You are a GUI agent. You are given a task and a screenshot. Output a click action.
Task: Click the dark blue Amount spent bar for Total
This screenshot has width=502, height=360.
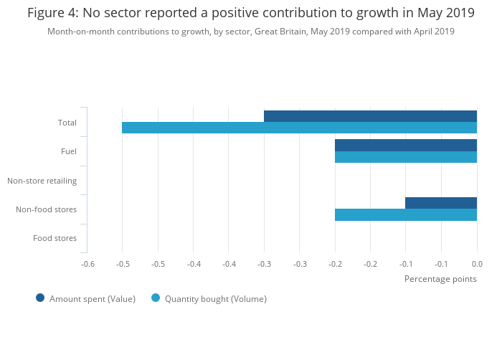point(370,116)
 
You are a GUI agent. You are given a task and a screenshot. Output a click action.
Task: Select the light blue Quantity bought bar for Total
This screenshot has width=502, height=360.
point(299,128)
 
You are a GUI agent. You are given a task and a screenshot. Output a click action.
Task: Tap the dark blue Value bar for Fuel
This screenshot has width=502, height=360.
point(406,145)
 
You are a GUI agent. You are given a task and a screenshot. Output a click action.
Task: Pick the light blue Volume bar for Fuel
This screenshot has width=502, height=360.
point(406,157)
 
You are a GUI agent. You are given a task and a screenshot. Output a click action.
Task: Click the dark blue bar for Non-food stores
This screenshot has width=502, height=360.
point(441,203)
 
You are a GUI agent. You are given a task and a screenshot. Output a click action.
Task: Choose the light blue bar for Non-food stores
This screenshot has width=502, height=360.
point(406,214)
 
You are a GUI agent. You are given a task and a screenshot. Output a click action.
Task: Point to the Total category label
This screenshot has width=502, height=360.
point(67,123)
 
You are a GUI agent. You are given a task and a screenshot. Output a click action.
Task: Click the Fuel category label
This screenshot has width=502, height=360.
point(69,151)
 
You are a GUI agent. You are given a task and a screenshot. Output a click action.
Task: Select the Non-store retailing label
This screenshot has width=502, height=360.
point(42,181)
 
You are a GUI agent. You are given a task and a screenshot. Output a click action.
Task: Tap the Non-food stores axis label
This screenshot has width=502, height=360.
point(46,209)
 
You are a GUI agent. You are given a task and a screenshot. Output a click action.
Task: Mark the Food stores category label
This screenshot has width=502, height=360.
point(55,238)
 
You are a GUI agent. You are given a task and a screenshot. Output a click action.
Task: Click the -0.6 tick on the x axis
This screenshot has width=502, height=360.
point(87,264)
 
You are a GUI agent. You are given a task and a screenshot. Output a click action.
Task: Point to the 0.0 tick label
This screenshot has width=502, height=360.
point(477,264)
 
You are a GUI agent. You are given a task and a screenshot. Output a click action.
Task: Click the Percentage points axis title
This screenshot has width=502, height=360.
point(440,278)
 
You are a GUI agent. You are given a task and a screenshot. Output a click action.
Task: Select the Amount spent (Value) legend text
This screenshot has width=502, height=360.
point(93,299)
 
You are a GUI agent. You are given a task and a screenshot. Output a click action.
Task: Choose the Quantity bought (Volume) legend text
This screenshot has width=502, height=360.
point(216,299)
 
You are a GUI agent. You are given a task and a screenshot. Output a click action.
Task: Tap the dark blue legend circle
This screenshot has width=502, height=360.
point(40,298)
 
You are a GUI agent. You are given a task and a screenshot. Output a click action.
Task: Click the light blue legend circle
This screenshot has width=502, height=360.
point(156,298)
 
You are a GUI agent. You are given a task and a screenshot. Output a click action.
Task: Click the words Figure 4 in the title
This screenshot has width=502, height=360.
point(54,13)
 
